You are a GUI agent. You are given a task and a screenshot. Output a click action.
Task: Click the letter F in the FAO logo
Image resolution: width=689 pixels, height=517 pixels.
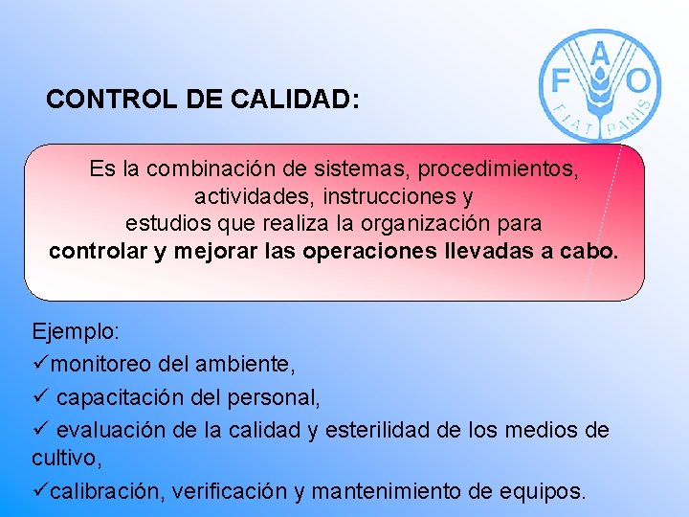tap(561, 76)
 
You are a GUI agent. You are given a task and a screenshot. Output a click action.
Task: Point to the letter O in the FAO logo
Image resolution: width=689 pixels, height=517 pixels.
tap(640, 79)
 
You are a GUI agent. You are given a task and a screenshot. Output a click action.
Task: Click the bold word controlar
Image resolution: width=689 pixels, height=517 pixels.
tap(99, 251)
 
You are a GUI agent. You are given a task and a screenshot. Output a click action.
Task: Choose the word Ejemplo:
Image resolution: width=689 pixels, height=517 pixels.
tap(76, 332)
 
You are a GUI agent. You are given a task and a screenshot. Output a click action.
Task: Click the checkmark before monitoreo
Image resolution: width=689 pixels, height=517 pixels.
tap(39, 364)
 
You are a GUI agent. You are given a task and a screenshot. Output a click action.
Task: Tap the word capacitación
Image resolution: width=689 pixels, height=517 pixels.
tap(122, 396)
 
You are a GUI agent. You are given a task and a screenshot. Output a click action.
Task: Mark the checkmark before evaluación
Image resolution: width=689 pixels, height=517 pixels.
tap(39, 429)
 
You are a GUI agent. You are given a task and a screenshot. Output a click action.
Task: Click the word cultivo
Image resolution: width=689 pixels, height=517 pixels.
tap(63, 461)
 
